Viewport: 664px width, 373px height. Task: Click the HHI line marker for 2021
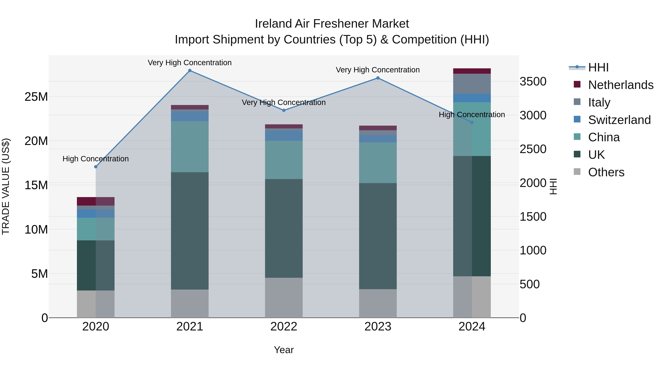190,71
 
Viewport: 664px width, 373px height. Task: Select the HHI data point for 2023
378,78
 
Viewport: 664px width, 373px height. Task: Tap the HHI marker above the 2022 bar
284,111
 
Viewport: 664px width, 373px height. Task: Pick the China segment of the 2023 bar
378,163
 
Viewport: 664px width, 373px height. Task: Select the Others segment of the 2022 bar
284,298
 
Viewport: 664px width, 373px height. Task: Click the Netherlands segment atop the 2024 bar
472,71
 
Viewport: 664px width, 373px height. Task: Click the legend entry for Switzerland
619,120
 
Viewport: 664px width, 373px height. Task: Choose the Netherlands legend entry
620,85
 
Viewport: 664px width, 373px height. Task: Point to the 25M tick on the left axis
36,97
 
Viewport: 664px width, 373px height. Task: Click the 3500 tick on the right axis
533,82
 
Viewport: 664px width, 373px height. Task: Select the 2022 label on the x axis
284,327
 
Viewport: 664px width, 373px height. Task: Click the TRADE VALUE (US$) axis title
6,186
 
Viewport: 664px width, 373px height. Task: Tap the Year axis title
284,350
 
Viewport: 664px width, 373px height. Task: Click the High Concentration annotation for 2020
96,159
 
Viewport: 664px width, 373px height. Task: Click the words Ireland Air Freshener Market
332,24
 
